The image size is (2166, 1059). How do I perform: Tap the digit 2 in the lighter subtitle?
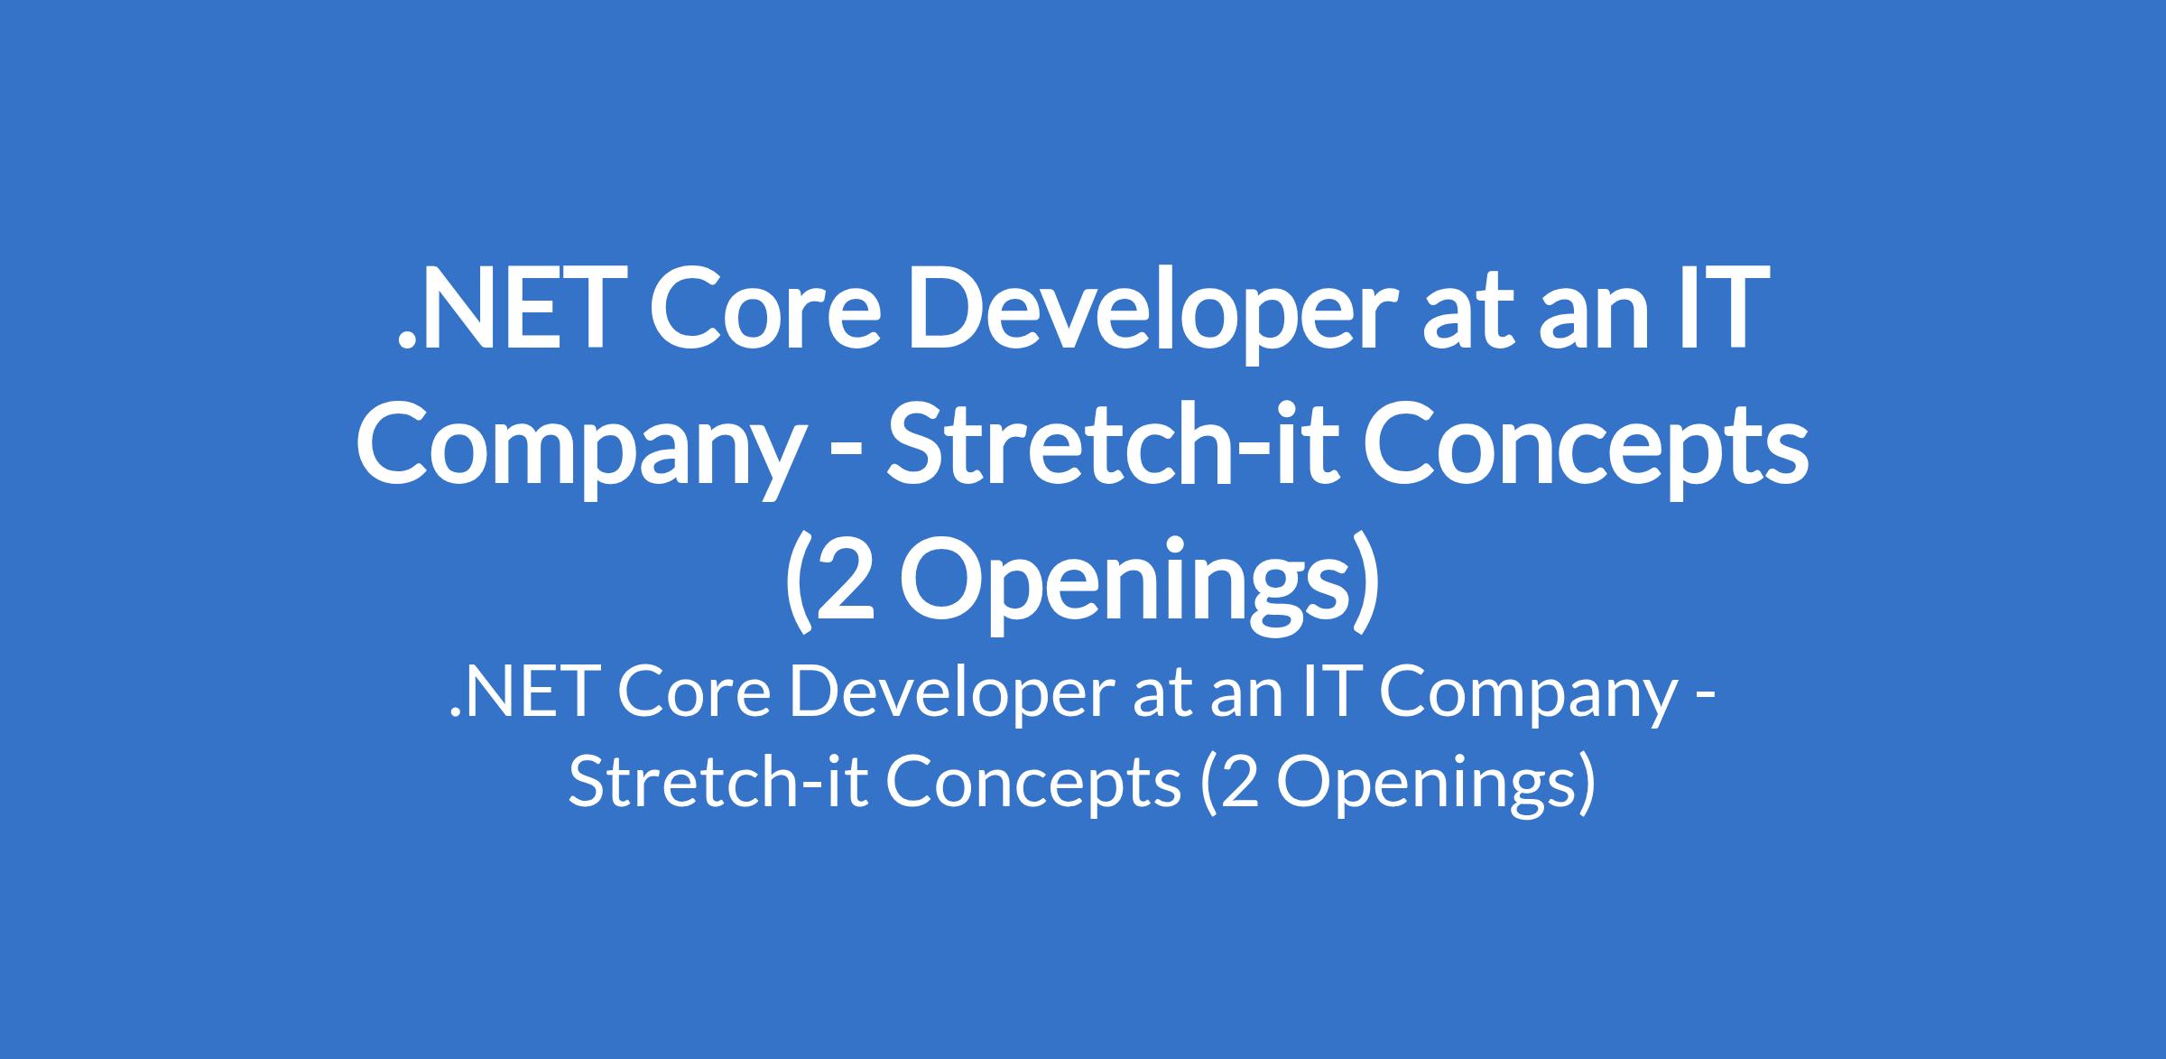tap(1242, 782)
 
